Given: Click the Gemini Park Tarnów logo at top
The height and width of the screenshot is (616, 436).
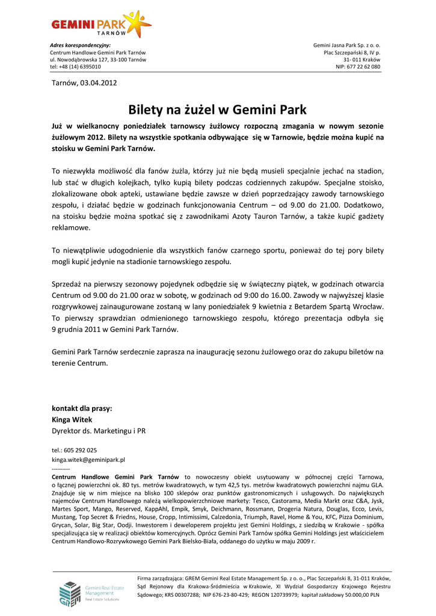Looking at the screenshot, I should pyautogui.click(x=100, y=25).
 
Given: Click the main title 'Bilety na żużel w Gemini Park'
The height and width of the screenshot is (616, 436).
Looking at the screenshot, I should pyautogui.click(x=218, y=110).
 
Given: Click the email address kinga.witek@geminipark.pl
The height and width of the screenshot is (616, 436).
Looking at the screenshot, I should pyautogui.click(x=88, y=460).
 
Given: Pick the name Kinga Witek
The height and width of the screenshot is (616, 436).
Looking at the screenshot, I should pyautogui.click(x=72, y=419).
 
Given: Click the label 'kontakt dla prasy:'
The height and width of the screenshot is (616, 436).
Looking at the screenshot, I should pyautogui.click(x=82, y=408).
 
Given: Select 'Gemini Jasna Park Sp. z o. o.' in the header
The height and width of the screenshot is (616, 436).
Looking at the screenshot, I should pyautogui.click(x=347, y=46).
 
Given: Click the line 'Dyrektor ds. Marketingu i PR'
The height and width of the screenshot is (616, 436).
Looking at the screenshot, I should pyautogui.click(x=99, y=431).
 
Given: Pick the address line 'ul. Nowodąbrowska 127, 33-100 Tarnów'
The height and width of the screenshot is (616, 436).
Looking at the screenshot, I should pyautogui.click(x=97, y=60).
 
